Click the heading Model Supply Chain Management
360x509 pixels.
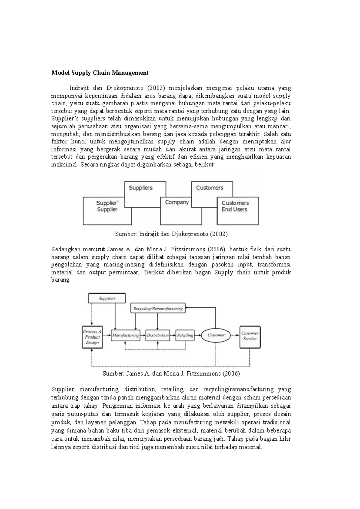(x=100, y=73)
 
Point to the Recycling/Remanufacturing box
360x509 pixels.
(x=158, y=308)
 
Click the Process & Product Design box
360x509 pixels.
(x=92, y=337)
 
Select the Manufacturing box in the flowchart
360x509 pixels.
(x=125, y=335)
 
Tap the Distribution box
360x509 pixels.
(x=157, y=335)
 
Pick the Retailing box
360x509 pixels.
(x=185, y=335)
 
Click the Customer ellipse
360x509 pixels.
(x=216, y=335)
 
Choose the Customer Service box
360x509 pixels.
(x=250, y=337)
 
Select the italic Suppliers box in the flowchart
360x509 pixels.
(x=107, y=298)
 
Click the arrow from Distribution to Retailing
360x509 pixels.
(x=172, y=335)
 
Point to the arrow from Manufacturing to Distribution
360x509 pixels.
(x=143, y=335)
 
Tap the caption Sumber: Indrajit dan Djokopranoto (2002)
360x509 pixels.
(x=171, y=234)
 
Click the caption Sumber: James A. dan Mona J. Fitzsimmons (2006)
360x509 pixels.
(x=171, y=373)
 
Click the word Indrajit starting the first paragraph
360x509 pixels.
(x=79, y=88)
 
